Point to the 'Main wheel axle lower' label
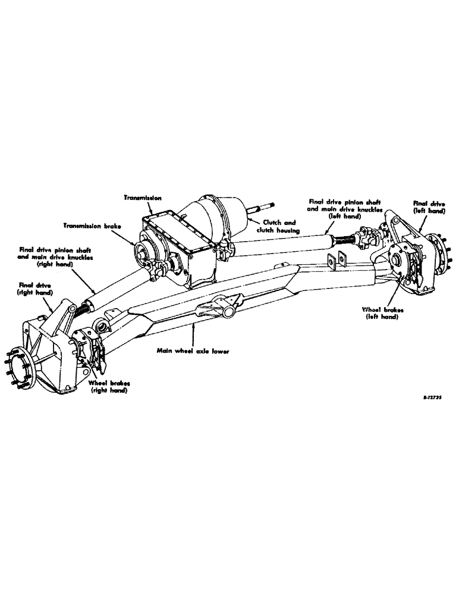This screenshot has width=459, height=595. tap(194, 352)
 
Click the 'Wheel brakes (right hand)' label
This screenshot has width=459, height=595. tap(109, 387)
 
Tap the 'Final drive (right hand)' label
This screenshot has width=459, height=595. tap(35, 289)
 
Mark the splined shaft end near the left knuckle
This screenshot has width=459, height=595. tap(347, 239)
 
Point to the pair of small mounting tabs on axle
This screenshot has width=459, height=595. tap(336, 259)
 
